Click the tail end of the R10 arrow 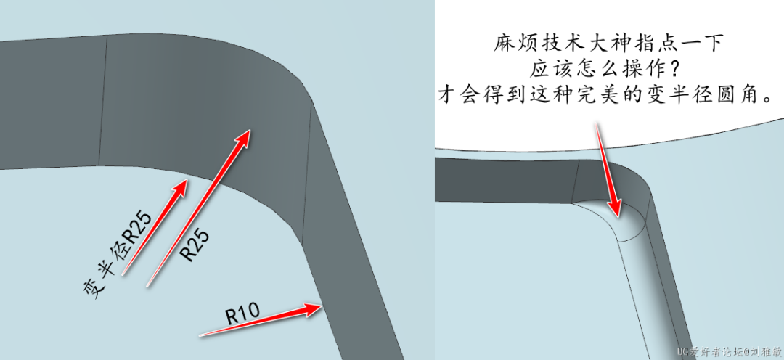click(202, 335)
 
